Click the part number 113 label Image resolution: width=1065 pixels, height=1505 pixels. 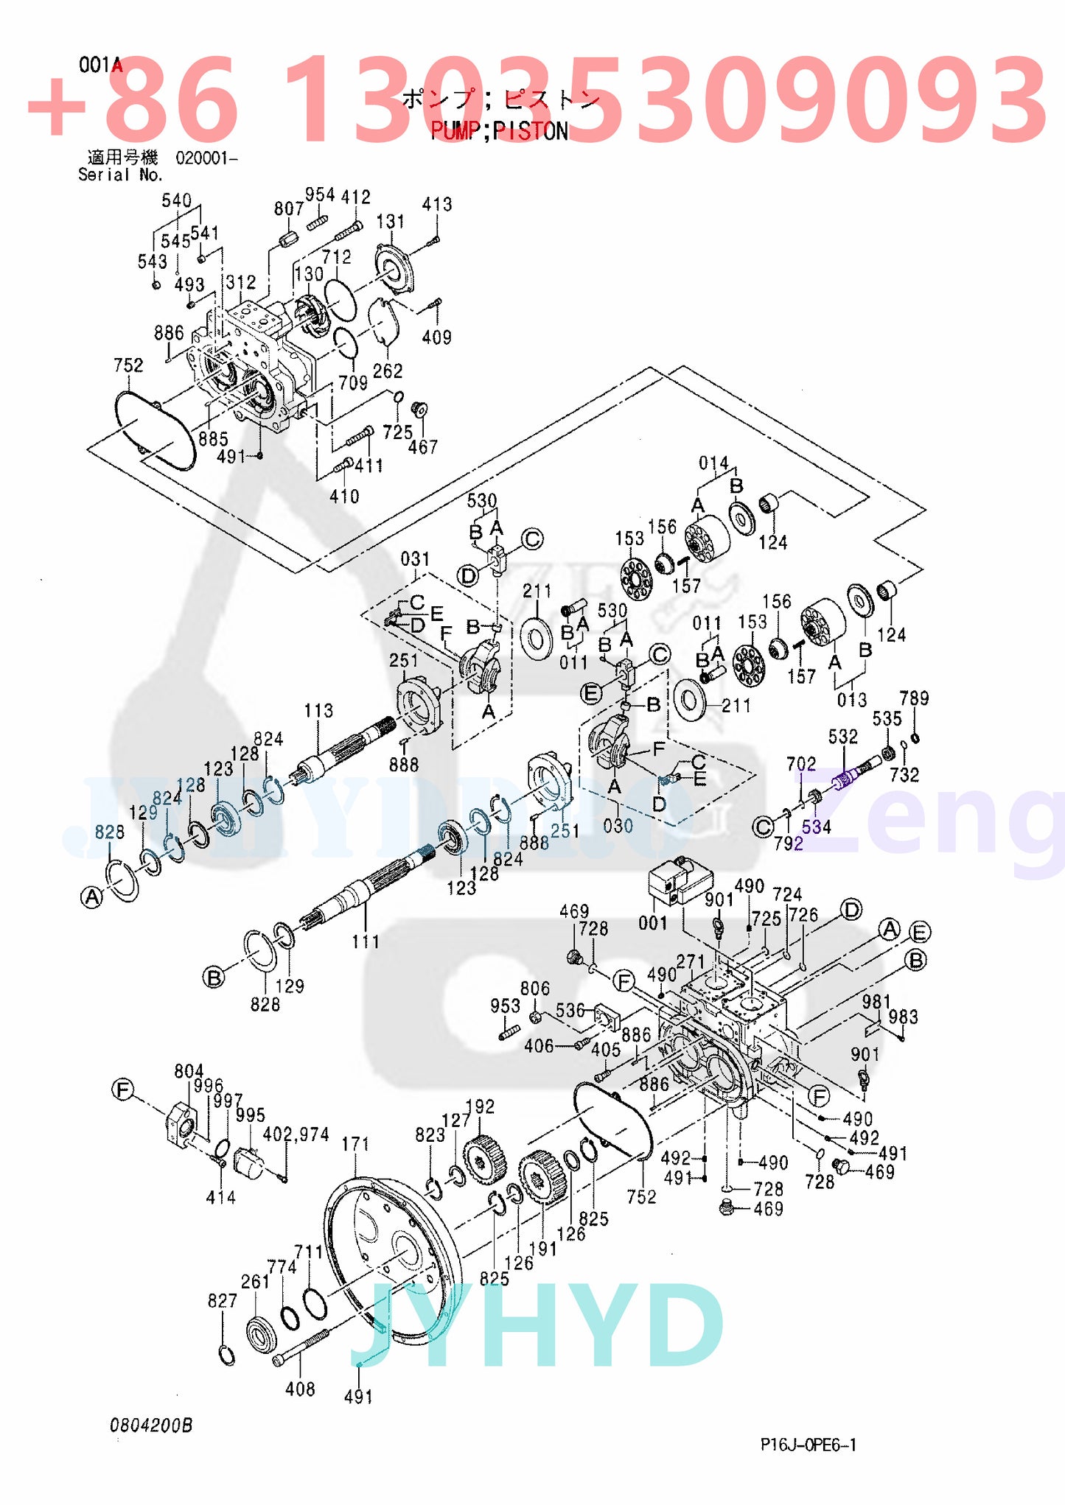318,711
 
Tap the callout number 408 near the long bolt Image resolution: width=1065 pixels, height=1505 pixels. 300,1389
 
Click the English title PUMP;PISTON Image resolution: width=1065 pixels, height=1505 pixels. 499,131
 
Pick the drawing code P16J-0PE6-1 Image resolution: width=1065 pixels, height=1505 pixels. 809,1444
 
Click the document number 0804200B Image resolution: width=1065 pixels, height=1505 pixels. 151,1425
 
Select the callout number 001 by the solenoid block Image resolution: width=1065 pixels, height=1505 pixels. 652,922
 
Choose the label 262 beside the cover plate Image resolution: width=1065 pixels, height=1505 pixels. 387,371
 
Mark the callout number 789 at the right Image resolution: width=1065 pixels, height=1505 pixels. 914,698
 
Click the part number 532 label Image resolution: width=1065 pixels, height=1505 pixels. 842,737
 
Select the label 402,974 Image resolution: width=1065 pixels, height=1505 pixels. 296,1134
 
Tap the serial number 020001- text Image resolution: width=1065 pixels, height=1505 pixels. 206,158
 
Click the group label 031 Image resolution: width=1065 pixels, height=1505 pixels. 415,559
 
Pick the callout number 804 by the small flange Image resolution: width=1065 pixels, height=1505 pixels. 189,1071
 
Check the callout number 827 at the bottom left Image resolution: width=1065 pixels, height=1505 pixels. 222,1301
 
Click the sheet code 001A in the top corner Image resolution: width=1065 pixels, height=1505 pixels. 100,66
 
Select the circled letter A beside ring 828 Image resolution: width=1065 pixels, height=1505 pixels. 91,897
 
